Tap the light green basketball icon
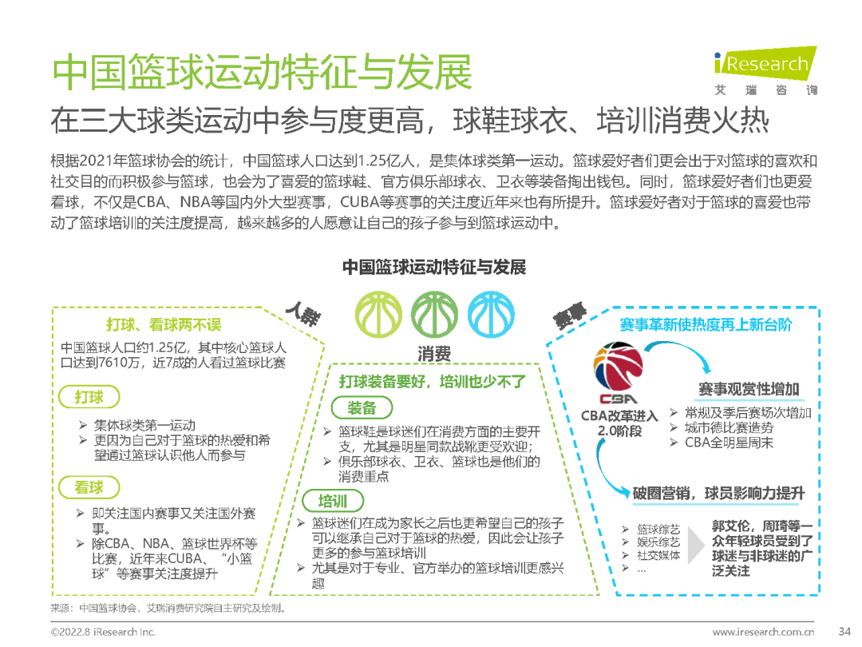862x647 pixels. [x=379, y=313]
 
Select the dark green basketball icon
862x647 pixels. [x=435, y=313]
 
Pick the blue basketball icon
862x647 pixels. [x=491, y=313]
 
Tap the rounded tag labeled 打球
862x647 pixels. [x=89, y=396]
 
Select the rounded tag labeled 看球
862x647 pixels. [x=89, y=487]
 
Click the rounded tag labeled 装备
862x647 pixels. [x=362, y=408]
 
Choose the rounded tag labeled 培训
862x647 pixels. [x=333, y=501]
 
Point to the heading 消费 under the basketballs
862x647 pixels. [x=435, y=354]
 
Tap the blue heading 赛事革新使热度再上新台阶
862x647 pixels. [x=706, y=325]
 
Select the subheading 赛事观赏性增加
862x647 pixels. [x=748, y=389]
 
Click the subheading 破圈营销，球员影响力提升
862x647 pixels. [x=718, y=493]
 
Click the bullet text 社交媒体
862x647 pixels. [x=659, y=555]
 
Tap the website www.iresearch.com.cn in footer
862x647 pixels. [x=763, y=632]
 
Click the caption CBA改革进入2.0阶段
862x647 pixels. [x=619, y=423]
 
